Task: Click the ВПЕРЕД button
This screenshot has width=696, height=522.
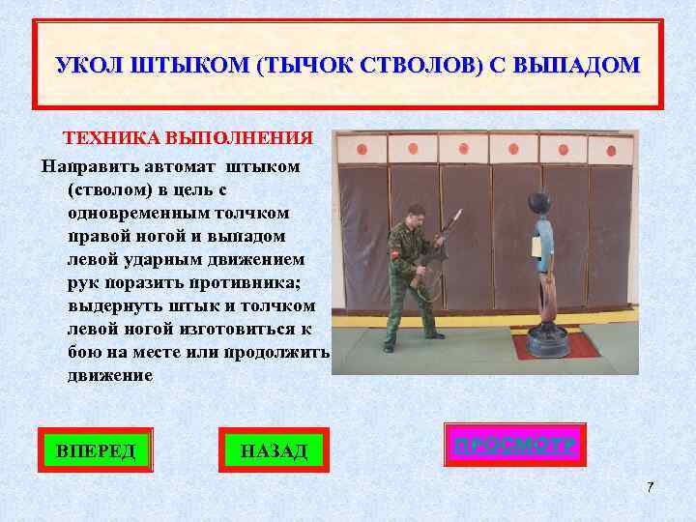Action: (x=96, y=449)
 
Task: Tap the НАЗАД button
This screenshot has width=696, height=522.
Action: (x=273, y=449)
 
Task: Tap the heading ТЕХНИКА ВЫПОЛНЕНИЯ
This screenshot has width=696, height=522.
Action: (x=188, y=138)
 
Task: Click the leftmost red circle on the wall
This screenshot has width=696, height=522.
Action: (x=363, y=150)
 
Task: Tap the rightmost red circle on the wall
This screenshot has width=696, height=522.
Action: (x=611, y=150)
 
